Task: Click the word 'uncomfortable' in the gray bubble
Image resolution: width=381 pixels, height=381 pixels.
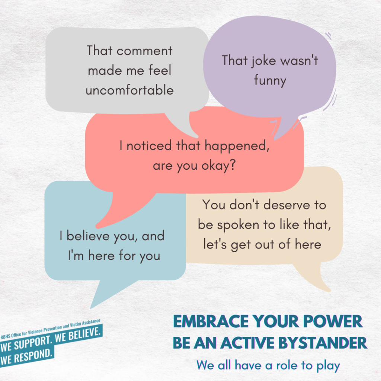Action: [129, 90]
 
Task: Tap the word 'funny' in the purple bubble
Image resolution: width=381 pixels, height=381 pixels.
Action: [270, 81]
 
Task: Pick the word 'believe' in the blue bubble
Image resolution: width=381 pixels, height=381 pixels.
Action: [88, 236]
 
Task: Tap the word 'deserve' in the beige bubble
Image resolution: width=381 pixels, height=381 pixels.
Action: [287, 205]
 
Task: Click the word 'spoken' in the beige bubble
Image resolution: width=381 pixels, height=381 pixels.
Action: [238, 225]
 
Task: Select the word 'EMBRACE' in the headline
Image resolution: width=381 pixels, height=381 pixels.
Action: [211, 322]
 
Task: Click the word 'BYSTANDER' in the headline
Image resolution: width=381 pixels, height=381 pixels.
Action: [323, 343]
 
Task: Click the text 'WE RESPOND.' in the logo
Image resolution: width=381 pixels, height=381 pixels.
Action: [26, 358]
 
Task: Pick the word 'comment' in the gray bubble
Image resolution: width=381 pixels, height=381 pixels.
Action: [144, 51]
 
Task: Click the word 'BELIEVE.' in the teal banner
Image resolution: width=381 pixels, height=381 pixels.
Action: [78, 335]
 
